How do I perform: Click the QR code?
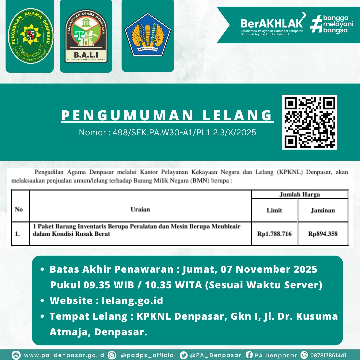point(309,122)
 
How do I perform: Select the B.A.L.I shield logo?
point(86,36)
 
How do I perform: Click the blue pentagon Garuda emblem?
point(148,34)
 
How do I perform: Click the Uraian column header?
point(140,209)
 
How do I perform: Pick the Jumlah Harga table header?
point(299,194)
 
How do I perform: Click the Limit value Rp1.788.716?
point(274,234)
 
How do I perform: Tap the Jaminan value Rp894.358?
point(323,234)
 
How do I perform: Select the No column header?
point(19,209)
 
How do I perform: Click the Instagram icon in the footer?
point(112,355)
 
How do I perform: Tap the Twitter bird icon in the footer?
point(183,355)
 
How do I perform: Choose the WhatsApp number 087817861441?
point(328,355)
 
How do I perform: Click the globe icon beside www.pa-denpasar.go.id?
point(16,355)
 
